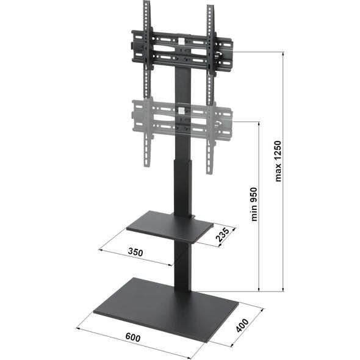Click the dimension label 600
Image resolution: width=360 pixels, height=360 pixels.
click(x=133, y=338)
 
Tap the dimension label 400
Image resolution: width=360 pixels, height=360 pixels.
click(x=243, y=325)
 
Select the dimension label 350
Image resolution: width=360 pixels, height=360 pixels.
click(x=135, y=252)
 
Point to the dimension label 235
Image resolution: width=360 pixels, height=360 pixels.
click(x=222, y=235)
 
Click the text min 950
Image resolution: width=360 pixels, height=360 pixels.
click(x=254, y=204)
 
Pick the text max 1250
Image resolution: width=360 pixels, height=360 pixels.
click(x=278, y=161)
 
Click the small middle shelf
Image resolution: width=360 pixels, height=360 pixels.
click(x=170, y=227)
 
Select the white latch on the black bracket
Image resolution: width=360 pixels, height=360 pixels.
click(x=182, y=41)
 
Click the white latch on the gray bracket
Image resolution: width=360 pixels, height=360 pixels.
click(x=182, y=111)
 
